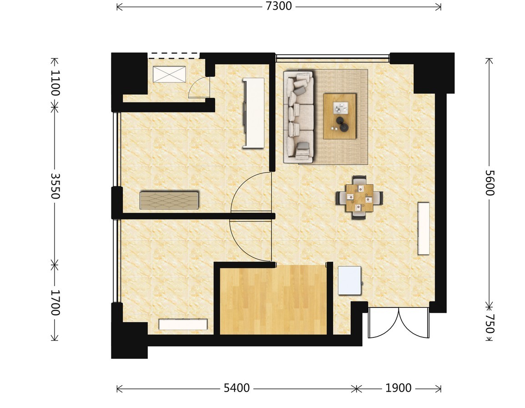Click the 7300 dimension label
pos(278,6)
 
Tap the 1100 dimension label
pos(55,83)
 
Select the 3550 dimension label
pos(55,186)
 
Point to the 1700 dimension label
pos(55,303)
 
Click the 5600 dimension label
pos(490,183)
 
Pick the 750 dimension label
pos(490,324)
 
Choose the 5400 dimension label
pos(237,388)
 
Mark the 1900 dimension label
pos(398,388)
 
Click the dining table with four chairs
pos(359,198)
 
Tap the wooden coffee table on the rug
pos(339,116)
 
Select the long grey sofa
pos(298,117)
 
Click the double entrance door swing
pos(399,323)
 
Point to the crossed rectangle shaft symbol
pos(169,74)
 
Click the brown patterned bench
pos(169,200)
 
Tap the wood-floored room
pos(273,300)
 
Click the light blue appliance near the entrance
pos(349,280)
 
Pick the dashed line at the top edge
pos(174,53)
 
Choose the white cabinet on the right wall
pos(424,228)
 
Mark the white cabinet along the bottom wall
pos(183,324)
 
